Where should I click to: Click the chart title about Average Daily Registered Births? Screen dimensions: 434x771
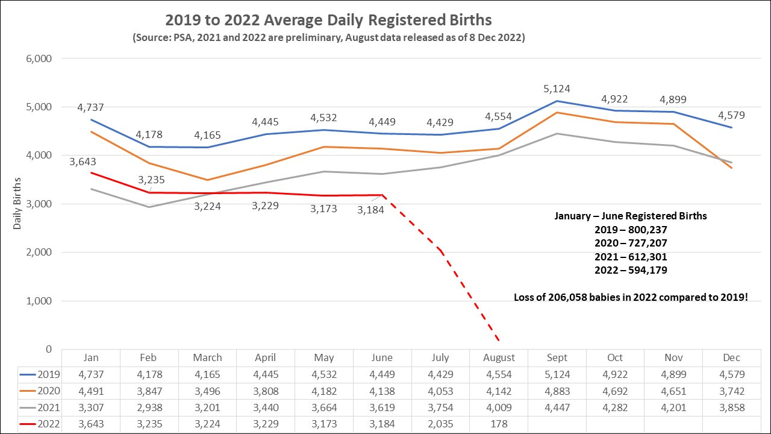328,20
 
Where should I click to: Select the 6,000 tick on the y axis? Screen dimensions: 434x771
40,58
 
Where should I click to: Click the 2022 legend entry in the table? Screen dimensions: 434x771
40,424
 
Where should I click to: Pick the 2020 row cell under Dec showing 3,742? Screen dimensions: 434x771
731,391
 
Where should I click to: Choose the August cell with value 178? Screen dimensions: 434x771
499,424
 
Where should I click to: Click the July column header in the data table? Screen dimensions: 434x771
440,357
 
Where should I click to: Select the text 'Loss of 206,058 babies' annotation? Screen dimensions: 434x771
630,297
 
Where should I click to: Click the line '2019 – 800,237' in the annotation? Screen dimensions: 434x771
630,230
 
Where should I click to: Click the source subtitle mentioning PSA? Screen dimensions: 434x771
328,37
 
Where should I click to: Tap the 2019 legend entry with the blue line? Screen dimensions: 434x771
40,374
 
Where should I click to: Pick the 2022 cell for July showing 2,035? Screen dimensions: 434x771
440,424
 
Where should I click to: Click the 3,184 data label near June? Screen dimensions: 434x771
370,210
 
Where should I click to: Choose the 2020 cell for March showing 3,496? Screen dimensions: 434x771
207,391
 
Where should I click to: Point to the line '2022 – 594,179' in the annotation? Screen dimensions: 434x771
630,270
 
